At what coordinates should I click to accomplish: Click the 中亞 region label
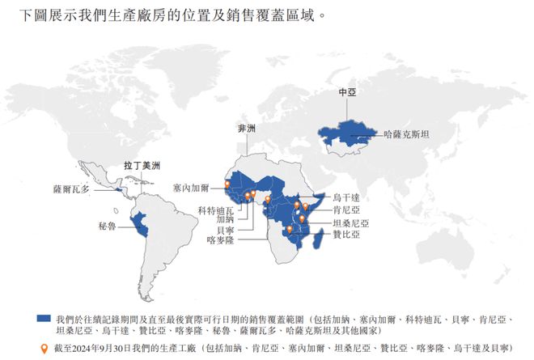click(x=346, y=93)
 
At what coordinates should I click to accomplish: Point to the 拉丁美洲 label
click(x=142, y=165)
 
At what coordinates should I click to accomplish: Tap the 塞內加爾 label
click(x=191, y=187)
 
